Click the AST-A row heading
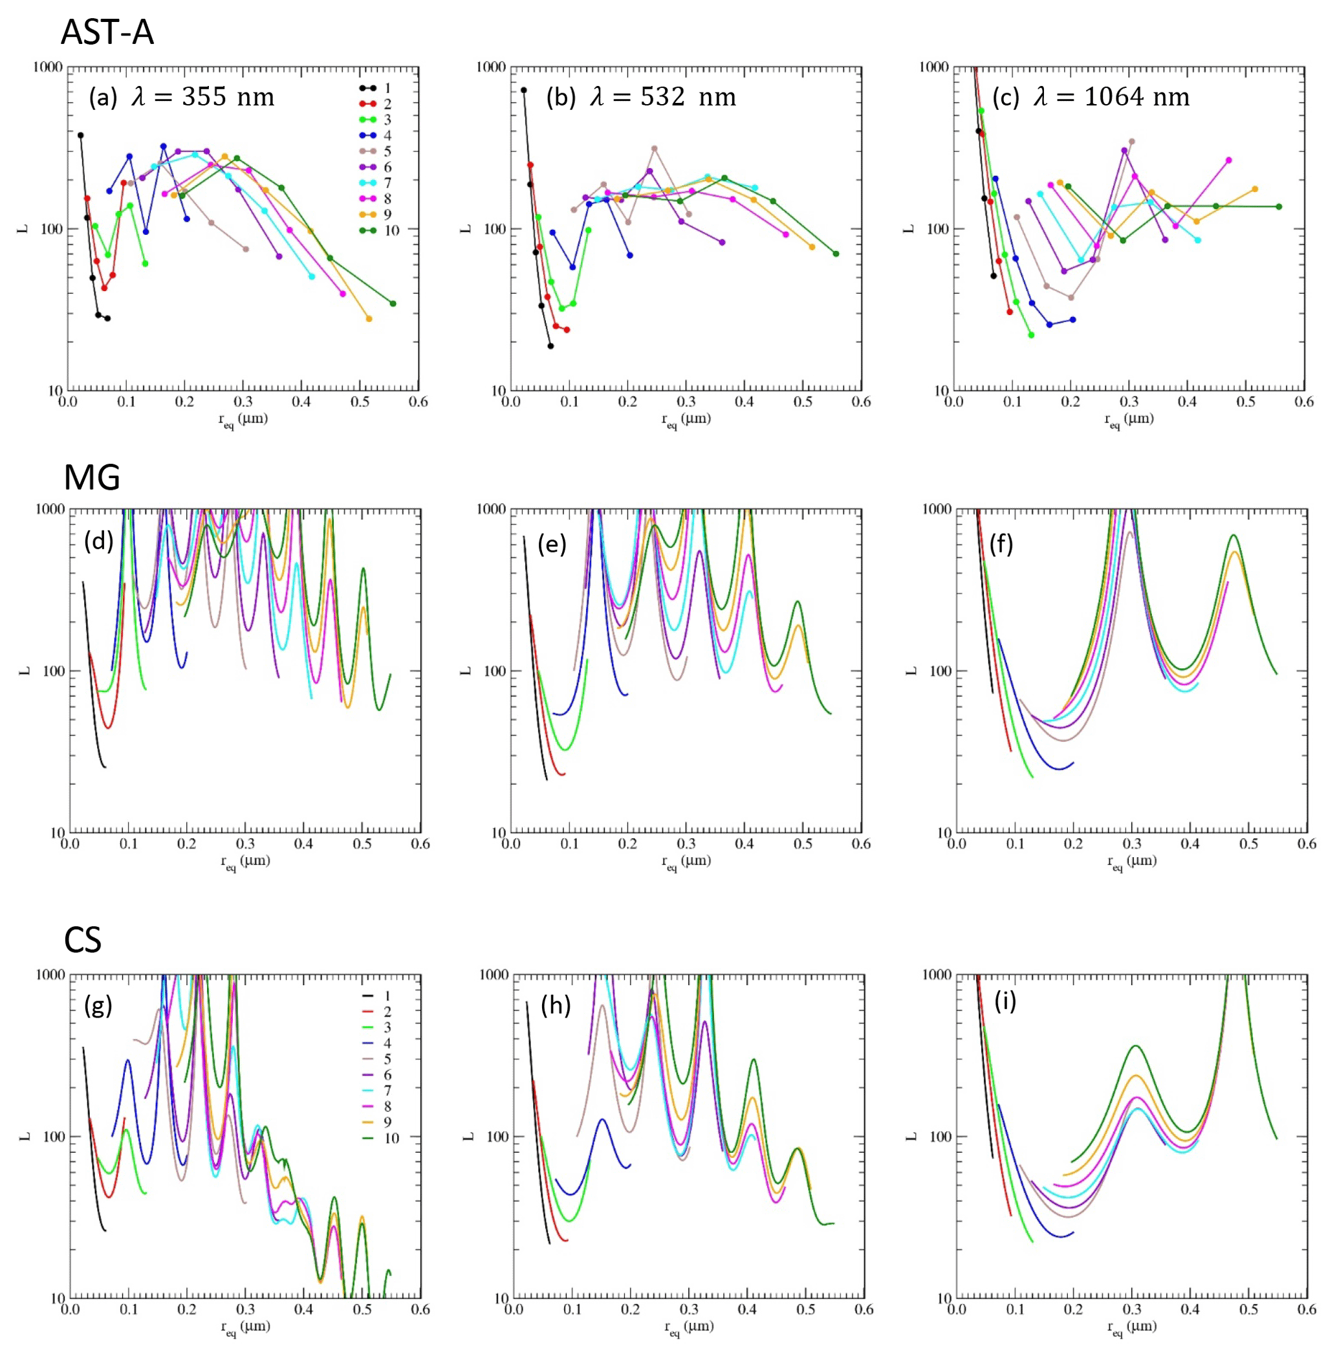tap(107, 33)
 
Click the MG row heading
tap(92, 478)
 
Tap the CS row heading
tap(83, 939)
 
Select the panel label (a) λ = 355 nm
tap(181, 97)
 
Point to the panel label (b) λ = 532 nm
tap(641, 97)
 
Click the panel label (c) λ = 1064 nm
tap(1091, 97)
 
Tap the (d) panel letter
tap(98, 541)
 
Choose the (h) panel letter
tap(556, 1005)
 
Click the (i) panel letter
tap(1005, 1002)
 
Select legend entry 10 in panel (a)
tap(379, 230)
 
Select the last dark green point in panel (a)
tap(393, 303)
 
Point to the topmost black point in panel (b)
tap(523, 90)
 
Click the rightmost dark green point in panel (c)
tap(1279, 206)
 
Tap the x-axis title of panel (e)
tap(686, 862)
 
